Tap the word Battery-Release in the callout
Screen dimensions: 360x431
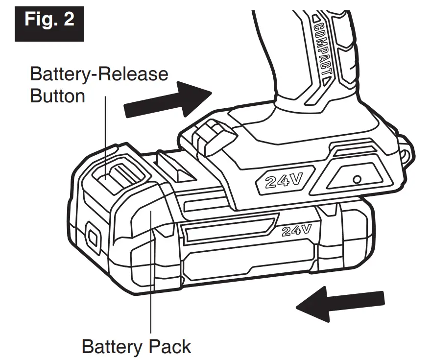pyautogui.click(x=98, y=74)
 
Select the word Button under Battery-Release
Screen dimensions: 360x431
pyautogui.click(x=57, y=96)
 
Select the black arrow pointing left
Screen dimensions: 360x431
pyautogui.click(x=340, y=304)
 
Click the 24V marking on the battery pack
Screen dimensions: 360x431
pyautogui.click(x=297, y=229)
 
